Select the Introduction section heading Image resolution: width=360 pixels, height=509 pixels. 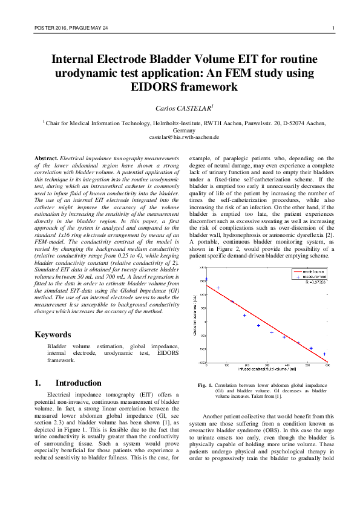[x=78, y=383]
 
